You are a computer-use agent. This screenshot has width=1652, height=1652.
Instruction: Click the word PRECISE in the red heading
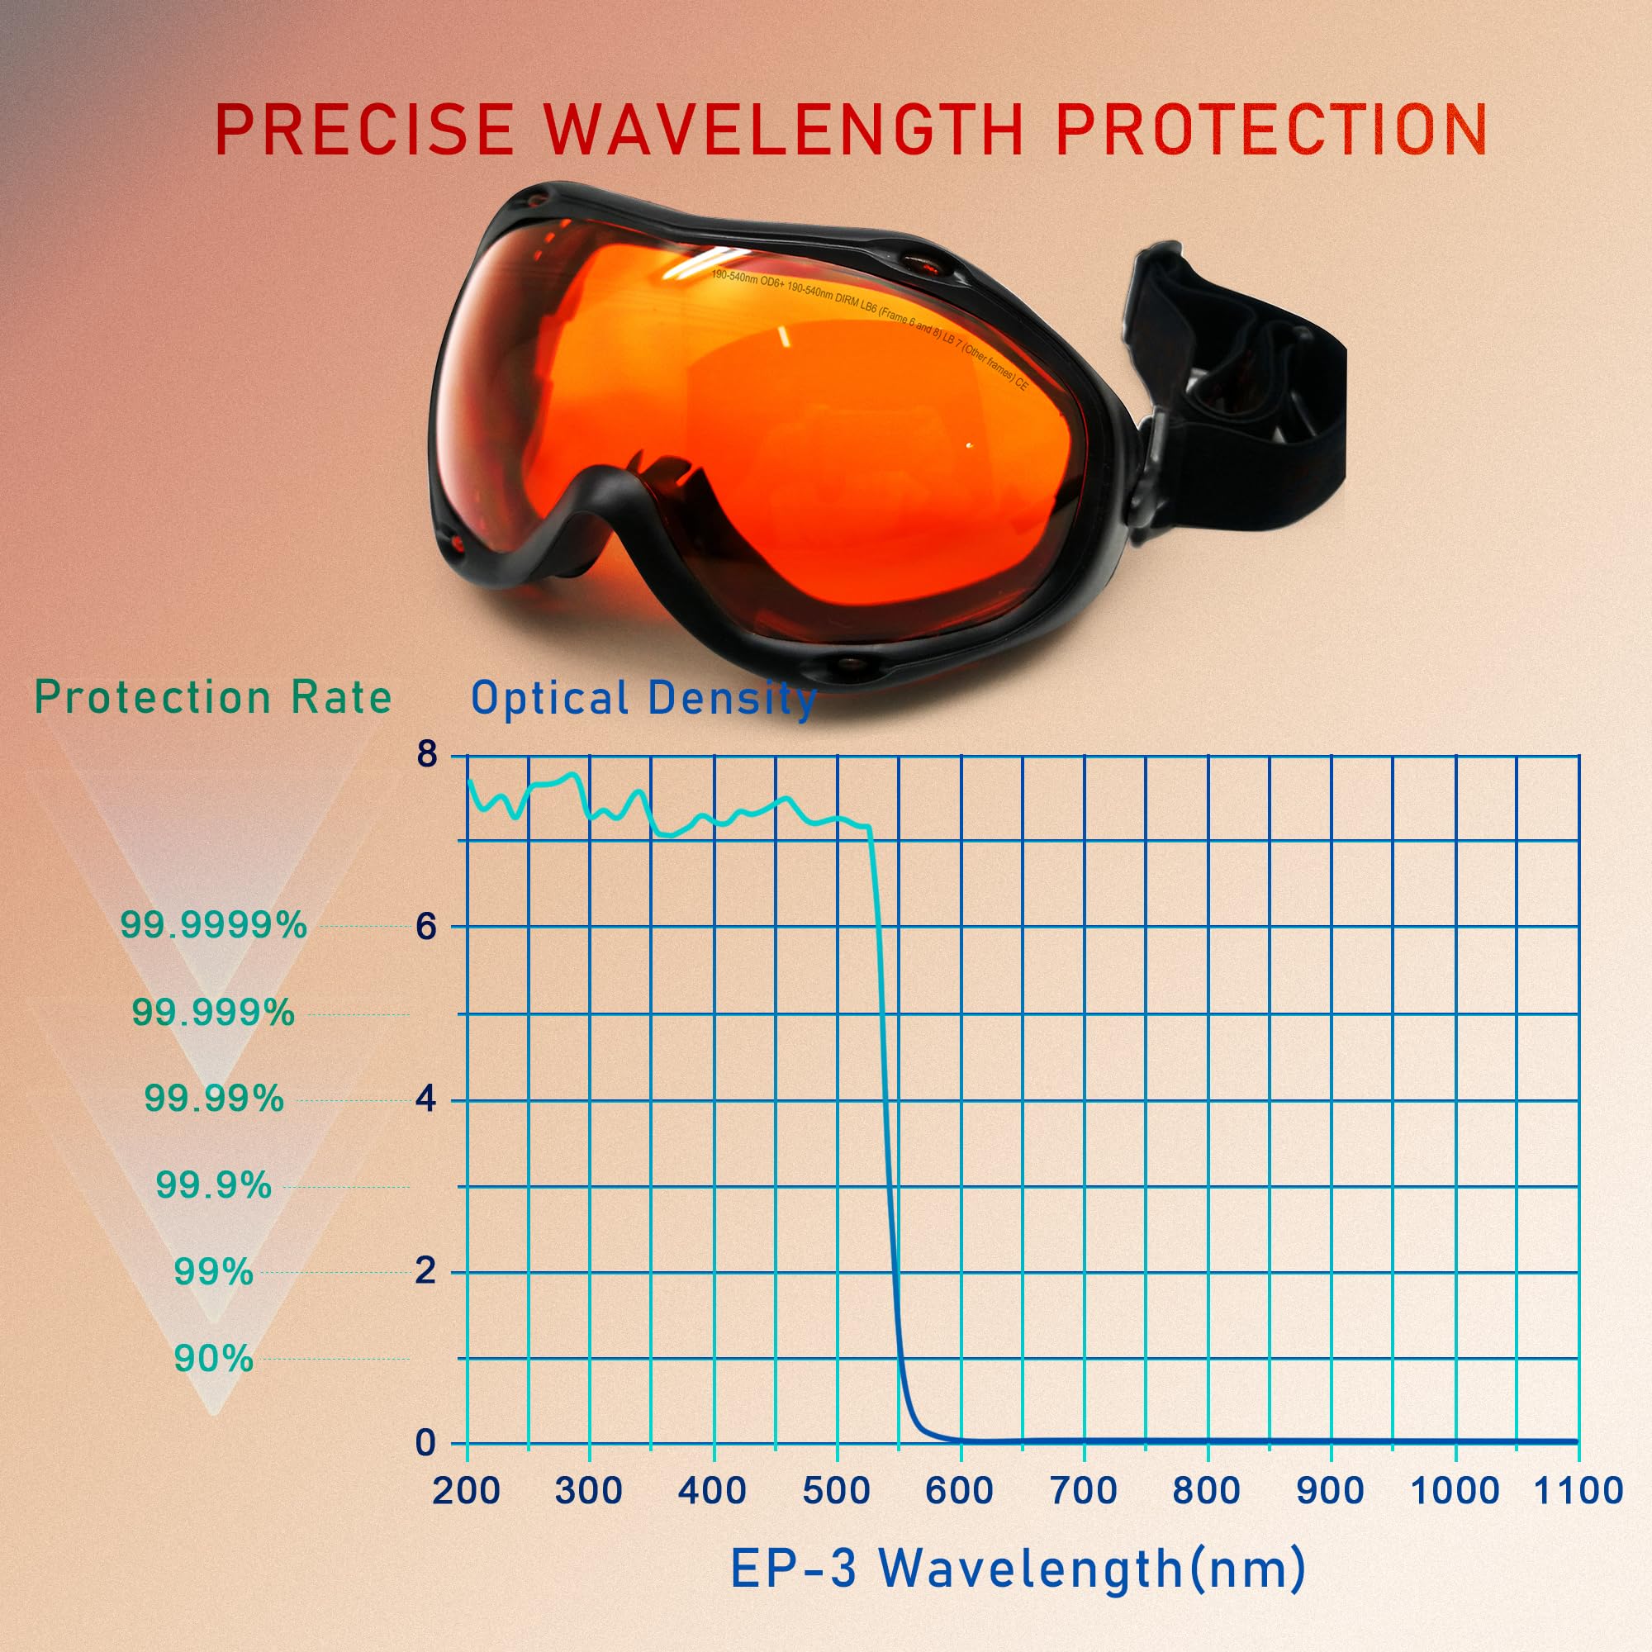tap(363, 129)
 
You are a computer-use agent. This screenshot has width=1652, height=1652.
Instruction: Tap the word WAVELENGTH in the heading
tap(783, 129)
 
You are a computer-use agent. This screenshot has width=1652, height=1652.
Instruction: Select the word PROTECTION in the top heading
tap(1270, 129)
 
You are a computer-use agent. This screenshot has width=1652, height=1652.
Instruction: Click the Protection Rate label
tap(213, 698)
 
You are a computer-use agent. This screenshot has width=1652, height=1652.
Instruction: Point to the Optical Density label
tap(643, 700)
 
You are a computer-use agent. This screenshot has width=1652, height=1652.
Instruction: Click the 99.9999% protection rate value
tap(213, 925)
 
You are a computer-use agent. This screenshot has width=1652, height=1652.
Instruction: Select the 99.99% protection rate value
tap(214, 1099)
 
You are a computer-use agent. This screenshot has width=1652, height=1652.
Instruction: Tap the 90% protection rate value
tap(214, 1359)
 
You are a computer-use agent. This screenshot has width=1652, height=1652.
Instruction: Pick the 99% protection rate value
tap(214, 1272)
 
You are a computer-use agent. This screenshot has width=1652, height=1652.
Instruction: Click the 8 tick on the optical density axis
tap(426, 755)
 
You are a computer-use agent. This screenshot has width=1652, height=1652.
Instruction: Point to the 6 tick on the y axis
tap(426, 926)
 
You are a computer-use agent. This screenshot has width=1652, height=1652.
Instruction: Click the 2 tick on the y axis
tap(426, 1271)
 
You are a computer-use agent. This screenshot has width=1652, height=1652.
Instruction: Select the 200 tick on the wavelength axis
tap(466, 1490)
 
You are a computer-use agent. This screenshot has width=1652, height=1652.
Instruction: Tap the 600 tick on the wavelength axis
tap(959, 1490)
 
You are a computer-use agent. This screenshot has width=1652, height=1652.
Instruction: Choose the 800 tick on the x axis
tap(1207, 1490)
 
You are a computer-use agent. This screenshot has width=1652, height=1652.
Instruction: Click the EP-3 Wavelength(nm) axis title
tap(1018, 1569)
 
